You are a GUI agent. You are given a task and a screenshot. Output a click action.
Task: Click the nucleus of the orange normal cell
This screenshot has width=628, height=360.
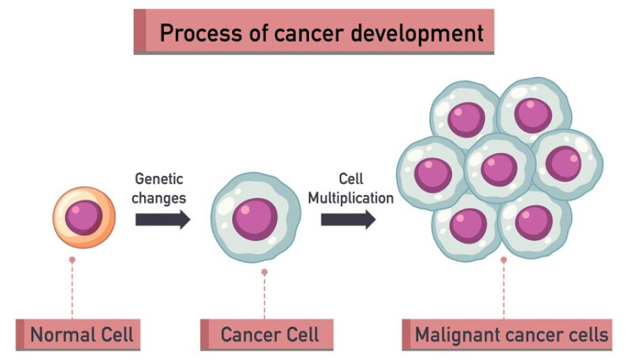pyautogui.click(x=83, y=217)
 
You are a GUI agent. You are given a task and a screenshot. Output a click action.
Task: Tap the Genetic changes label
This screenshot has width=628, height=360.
pyautogui.click(x=159, y=189)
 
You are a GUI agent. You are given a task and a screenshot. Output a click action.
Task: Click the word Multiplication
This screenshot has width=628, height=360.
pyautogui.click(x=350, y=198)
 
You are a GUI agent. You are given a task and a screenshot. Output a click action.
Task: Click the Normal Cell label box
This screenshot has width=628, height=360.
pyautogui.click(x=78, y=335)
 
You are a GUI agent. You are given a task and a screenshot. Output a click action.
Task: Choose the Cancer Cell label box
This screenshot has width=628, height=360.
pyautogui.click(x=260, y=335)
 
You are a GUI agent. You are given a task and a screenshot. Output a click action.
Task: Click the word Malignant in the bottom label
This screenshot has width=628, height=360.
pyautogui.click(x=453, y=335)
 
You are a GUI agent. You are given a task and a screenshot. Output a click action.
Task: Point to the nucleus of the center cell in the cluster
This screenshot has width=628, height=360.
pyautogui.click(x=499, y=169)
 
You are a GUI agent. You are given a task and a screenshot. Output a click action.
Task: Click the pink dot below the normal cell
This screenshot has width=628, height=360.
pyautogui.click(x=72, y=260)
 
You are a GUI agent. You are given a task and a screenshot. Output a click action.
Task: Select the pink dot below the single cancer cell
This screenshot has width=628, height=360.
pyautogui.click(x=264, y=272)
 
